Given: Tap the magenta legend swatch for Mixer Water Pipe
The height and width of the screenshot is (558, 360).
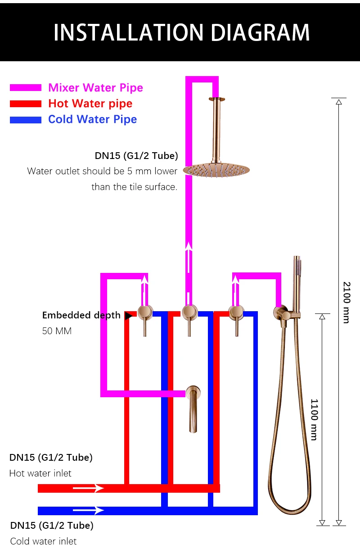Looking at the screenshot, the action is point(26,88).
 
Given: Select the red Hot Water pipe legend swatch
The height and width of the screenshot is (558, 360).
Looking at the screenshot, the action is point(26,104).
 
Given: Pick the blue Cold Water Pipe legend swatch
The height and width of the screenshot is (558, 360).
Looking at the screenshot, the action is point(26,120).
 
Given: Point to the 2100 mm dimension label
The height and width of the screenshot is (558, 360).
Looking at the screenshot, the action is point(346,302).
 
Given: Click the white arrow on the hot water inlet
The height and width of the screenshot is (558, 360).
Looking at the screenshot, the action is point(88,488).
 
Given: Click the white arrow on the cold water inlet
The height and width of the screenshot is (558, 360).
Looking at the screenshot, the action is point(88,510).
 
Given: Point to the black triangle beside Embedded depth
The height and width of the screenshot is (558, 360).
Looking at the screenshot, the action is point(129,316).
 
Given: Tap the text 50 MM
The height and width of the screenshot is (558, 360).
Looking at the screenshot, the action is point(57,331).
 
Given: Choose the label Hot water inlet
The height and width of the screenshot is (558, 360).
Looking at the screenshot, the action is point(40,473).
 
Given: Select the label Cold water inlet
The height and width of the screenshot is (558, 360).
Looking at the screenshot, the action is point(43,541).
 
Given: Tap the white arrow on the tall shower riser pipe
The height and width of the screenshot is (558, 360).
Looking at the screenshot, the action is point(189,257).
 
